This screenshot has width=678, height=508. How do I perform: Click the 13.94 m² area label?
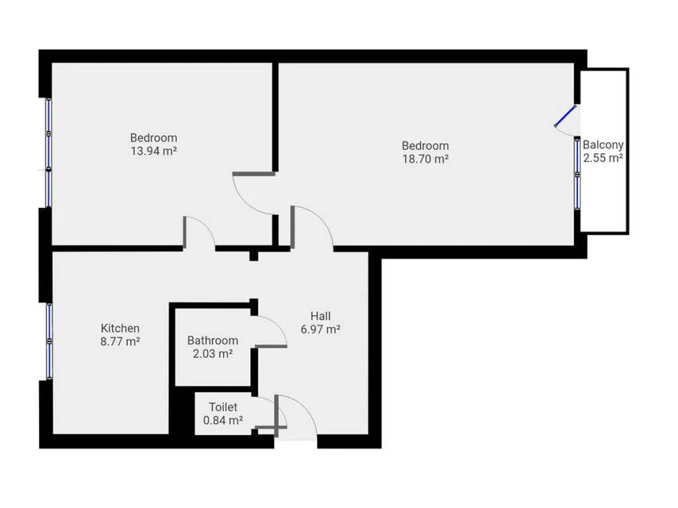pyautogui.click(x=154, y=151)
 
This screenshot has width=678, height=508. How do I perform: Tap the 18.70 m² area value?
pyautogui.click(x=426, y=159)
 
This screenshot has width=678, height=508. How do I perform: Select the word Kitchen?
pyautogui.click(x=121, y=328)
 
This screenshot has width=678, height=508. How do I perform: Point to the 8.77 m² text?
pyautogui.click(x=121, y=342)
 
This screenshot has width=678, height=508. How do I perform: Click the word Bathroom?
pyautogui.click(x=213, y=341)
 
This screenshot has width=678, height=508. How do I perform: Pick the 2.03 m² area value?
pyautogui.click(x=213, y=354)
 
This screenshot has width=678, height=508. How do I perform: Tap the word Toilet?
pyautogui.click(x=223, y=407)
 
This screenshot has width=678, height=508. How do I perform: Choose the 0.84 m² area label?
pyautogui.click(x=223, y=420)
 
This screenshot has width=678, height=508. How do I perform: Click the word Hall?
pyautogui.click(x=320, y=316)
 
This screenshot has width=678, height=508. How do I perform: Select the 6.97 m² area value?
pyautogui.click(x=320, y=329)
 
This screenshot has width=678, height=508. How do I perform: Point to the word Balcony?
pyautogui.click(x=603, y=145)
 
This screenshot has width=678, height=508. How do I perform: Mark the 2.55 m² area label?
pyautogui.click(x=603, y=158)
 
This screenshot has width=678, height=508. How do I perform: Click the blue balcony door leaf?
pyautogui.click(x=565, y=116)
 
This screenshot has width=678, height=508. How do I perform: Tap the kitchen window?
pyautogui.click(x=49, y=341)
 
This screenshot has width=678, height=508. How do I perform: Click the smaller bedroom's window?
pyautogui.click(x=48, y=153)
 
